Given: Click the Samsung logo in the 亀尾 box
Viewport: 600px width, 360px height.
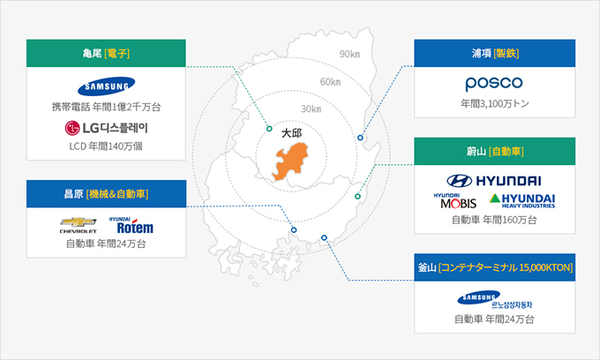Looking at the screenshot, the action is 106,86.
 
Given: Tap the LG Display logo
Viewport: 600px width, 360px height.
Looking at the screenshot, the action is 106,128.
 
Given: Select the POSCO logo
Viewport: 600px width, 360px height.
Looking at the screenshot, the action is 494,84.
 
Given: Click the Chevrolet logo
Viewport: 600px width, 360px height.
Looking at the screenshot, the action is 78,225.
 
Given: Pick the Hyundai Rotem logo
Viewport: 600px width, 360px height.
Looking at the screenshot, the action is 131,225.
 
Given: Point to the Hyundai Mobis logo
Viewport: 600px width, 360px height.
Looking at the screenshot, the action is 455,201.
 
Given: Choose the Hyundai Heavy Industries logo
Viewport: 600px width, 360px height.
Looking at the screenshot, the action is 522,201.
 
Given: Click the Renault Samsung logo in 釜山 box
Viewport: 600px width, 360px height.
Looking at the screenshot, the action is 494,299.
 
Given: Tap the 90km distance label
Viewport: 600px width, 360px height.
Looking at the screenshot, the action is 349,54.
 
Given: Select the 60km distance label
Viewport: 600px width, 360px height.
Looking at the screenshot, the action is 331,82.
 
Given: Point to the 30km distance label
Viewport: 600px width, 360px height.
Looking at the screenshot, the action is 311,109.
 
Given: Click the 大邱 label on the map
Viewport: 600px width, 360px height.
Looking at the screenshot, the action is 291,133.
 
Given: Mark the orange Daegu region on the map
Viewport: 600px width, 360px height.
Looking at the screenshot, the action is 290,161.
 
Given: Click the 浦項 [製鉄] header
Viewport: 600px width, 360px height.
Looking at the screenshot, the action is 495,53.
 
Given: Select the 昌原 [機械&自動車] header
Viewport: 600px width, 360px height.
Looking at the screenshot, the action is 106,194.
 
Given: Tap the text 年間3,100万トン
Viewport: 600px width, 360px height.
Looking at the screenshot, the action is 495,104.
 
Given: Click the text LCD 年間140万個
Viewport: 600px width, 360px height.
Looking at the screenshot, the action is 106,146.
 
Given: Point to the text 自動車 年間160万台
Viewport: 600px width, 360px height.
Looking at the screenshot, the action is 494,220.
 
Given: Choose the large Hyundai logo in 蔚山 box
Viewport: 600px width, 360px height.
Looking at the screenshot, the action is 494,181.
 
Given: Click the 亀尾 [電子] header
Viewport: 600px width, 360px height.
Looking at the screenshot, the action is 106,53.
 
